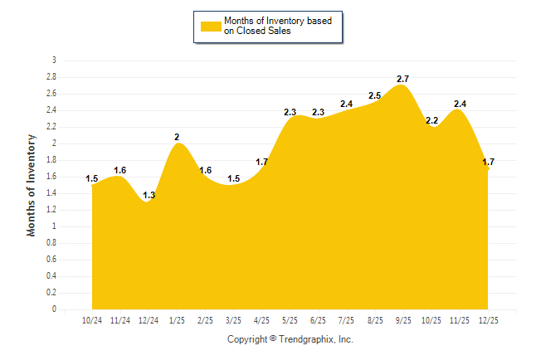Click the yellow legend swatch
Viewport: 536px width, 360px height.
tap(210, 27)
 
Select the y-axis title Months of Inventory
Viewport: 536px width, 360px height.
tap(32, 185)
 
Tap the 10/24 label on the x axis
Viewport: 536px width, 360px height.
tap(92, 319)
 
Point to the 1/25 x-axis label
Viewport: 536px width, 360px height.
tap(177, 319)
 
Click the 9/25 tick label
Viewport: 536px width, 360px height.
tap(402, 319)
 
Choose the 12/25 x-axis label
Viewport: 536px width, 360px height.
tap(488, 319)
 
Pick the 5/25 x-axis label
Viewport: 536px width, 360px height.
tap(290, 319)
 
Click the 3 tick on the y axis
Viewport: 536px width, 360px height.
tap(54, 61)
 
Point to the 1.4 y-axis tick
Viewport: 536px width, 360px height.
tap(51, 193)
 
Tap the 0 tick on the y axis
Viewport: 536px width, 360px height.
tap(54, 309)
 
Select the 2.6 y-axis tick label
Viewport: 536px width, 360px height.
tap(51, 94)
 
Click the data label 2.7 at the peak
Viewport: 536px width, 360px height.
tap(403, 79)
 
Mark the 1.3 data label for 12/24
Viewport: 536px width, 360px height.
tap(149, 195)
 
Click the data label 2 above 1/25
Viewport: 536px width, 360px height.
tap(177, 137)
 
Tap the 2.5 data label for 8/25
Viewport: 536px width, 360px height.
tap(375, 95)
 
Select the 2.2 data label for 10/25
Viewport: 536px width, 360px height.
tap(431, 120)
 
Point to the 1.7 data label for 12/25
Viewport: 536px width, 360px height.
tap(488, 162)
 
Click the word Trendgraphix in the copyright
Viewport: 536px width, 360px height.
tap(305, 339)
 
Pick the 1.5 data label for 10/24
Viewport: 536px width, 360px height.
tap(92, 178)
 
